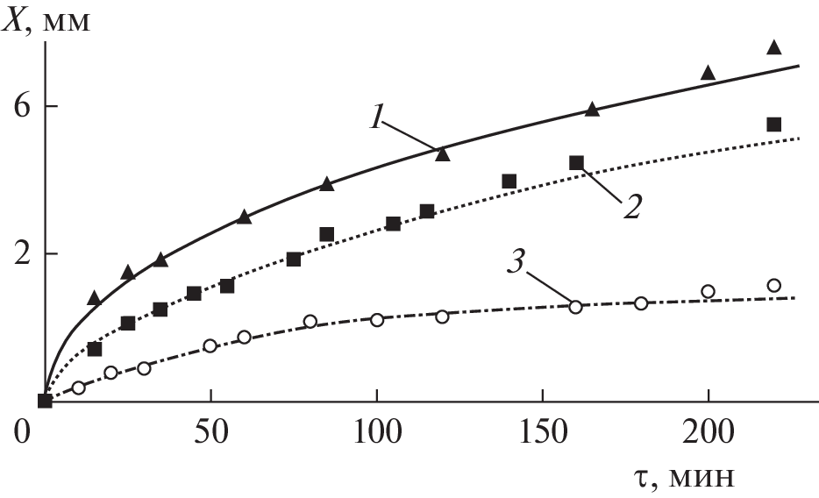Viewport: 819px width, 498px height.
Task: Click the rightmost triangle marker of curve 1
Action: click(x=773, y=47)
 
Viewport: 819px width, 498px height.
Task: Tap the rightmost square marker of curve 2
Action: click(x=773, y=125)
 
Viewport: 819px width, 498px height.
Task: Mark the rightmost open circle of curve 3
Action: click(x=773, y=285)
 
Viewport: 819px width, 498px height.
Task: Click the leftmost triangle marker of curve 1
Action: click(x=95, y=298)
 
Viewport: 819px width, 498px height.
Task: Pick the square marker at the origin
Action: click(x=46, y=401)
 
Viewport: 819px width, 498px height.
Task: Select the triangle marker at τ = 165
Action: click(x=592, y=110)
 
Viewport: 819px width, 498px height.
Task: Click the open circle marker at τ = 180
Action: click(x=641, y=303)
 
